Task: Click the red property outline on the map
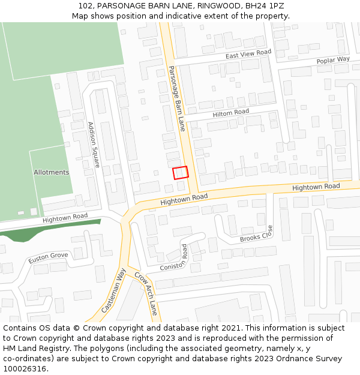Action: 181,173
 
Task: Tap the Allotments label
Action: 51,172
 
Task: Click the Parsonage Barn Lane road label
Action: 176,98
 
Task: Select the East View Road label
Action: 248,55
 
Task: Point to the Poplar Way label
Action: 333,60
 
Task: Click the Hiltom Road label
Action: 231,113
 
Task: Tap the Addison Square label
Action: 94,145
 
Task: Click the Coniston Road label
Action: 173,259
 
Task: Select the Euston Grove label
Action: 48,258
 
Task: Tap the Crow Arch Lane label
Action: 146,293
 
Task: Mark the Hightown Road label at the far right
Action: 316,187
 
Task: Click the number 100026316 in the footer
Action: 25,368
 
